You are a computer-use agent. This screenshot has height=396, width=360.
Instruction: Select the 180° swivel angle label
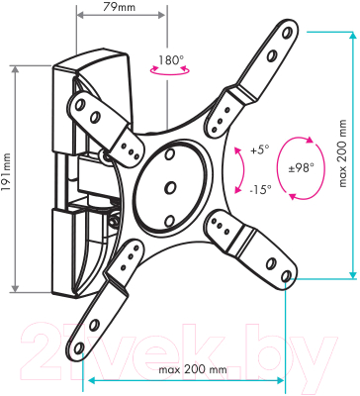click(x=171, y=60)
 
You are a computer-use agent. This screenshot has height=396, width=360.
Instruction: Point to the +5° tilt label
click(x=260, y=150)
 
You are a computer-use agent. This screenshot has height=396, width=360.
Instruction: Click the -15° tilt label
click(x=260, y=189)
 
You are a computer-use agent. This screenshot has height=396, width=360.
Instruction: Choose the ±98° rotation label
click(x=301, y=168)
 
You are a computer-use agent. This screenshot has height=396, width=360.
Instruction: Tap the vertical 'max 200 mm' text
click(x=343, y=154)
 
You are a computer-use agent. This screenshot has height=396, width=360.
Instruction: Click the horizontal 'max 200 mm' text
click(x=193, y=369)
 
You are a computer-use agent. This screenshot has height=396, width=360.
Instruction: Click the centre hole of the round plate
click(x=170, y=187)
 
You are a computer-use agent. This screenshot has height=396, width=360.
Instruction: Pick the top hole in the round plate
click(x=170, y=154)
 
